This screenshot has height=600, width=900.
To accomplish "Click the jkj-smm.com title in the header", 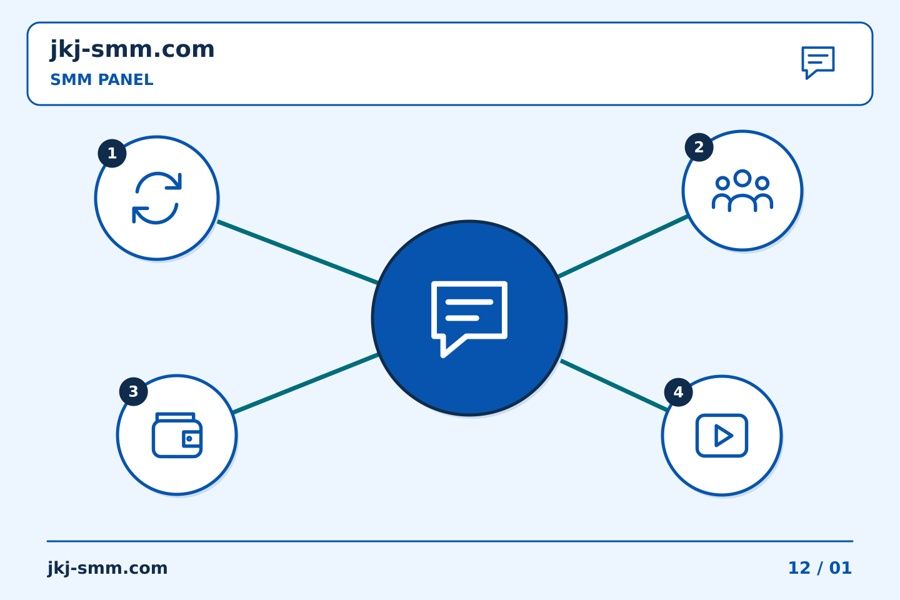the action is click(132, 50).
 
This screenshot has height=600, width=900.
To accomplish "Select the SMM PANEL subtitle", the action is click(102, 80).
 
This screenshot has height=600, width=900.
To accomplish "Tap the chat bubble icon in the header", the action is click(818, 62).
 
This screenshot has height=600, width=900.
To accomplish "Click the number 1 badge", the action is click(112, 154).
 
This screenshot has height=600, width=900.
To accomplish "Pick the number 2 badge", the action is click(699, 147).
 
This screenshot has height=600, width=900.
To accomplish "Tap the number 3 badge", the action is click(133, 391).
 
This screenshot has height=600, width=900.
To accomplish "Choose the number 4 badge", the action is click(678, 392).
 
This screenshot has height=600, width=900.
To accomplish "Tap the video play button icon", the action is click(722, 436).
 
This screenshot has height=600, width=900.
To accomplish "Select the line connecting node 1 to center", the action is click(297, 252).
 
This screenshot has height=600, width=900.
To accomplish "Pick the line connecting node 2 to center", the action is click(622, 246).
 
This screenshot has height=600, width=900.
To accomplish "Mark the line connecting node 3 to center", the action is click(306, 383).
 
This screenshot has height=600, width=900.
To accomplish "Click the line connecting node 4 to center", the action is click(614, 386).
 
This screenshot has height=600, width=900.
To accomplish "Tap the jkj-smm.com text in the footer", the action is click(107, 568).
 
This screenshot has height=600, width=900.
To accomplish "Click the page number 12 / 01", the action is click(819, 568).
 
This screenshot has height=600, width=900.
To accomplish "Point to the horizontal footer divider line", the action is click(450, 541).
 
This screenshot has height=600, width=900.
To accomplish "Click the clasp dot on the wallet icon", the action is click(189, 439).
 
